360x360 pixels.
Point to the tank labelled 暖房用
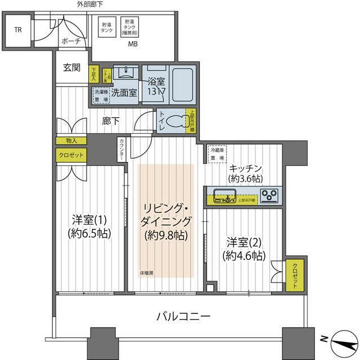pyautogui.click(x=133, y=28)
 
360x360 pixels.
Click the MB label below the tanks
pyautogui.click(x=133, y=44)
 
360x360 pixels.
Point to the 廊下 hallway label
pyautogui.click(x=110, y=120)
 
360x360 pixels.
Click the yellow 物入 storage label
pyautogui.click(x=71, y=140)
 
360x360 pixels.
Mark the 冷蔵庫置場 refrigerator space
pyautogui.click(x=216, y=154)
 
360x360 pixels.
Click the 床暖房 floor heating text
pyautogui.click(x=147, y=273)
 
